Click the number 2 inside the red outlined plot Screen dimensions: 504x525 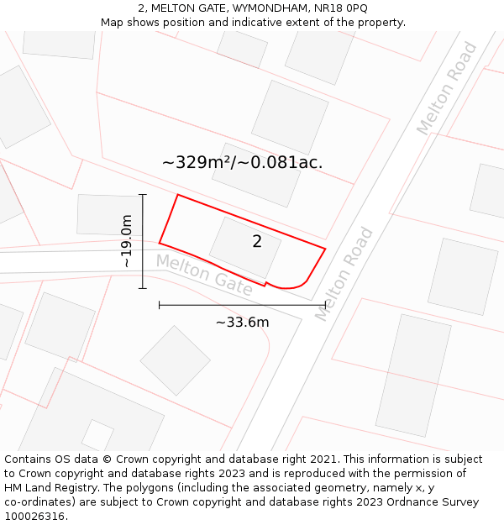pos(257,242)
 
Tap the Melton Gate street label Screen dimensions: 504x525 pos(204,275)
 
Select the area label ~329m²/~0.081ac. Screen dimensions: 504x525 pos(242,162)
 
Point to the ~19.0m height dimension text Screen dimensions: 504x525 pos(127,241)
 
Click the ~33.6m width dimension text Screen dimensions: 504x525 pos(242,323)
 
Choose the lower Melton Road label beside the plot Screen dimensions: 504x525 pos(344,274)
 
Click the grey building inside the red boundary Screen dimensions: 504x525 pos(244,248)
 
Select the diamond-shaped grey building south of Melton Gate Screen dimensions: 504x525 pos(175,360)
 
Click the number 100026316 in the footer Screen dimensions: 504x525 pos(34,517)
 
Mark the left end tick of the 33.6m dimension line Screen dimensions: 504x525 pos(159,305)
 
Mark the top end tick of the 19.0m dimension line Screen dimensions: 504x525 pos(143,195)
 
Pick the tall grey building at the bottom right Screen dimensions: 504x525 pos(412,375)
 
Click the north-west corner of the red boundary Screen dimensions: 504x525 pos(177,195)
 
